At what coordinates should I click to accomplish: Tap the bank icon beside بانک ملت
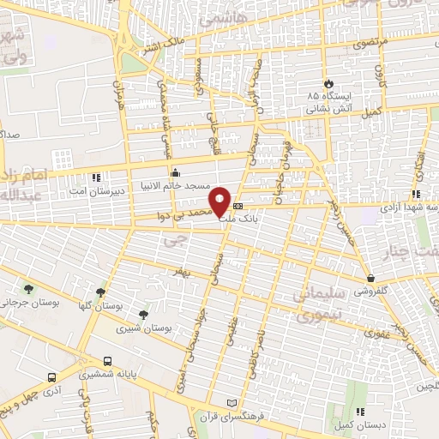[x=238, y=207]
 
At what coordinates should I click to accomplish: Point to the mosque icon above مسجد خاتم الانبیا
[x=175, y=170]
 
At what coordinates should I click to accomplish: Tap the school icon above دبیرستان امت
[x=95, y=178]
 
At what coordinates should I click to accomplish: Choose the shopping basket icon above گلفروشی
[x=370, y=278]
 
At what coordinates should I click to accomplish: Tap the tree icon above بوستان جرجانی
[x=30, y=289]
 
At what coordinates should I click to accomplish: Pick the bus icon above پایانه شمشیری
[x=107, y=361]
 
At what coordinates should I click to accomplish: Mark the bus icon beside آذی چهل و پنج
[x=52, y=376]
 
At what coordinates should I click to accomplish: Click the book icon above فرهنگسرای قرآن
[x=230, y=402]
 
